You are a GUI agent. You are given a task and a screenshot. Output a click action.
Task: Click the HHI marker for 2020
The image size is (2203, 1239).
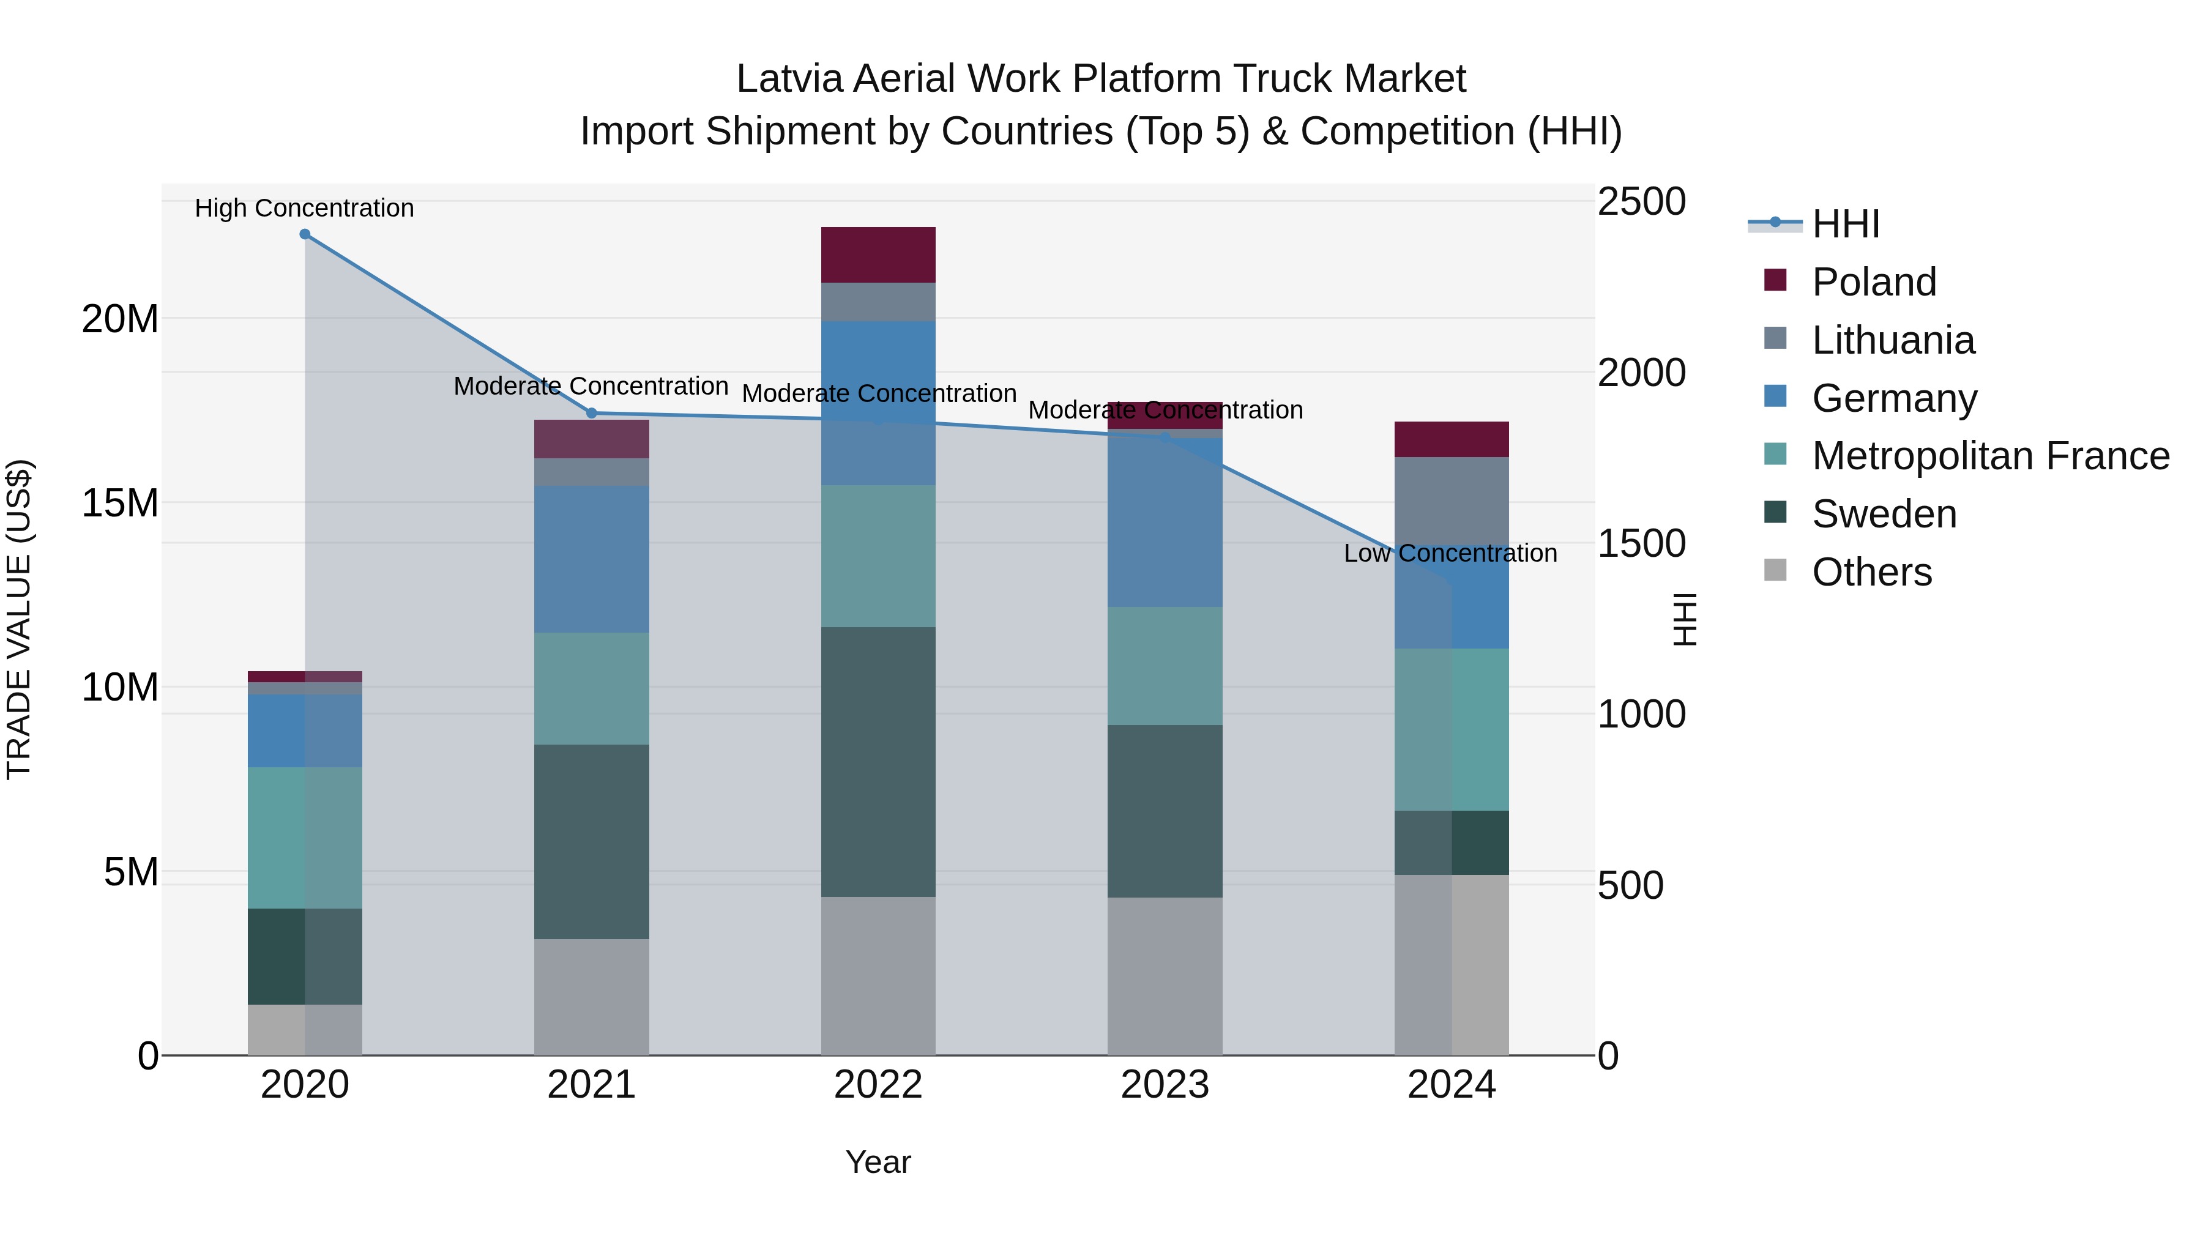[305, 234]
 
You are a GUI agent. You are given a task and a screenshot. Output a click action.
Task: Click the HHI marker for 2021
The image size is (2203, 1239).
[591, 413]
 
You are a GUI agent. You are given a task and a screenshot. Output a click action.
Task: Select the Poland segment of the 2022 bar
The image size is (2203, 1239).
[878, 255]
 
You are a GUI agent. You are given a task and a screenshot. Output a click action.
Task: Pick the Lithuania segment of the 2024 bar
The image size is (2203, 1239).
[1452, 501]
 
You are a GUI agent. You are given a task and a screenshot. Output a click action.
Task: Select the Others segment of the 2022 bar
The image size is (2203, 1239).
[878, 976]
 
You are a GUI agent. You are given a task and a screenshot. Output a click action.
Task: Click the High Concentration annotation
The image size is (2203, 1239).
[305, 209]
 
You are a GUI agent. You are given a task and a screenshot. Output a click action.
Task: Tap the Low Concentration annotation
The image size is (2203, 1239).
[1450, 553]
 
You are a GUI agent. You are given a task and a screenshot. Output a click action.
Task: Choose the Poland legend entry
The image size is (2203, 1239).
[1874, 282]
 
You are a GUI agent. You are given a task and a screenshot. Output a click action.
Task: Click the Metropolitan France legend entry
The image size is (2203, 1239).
[1990, 456]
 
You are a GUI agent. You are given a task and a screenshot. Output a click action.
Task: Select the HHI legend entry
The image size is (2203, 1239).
[1846, 224]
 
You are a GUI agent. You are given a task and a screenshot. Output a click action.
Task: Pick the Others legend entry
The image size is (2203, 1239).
[1871, 573]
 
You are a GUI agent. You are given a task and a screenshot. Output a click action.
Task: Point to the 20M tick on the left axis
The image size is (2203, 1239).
[120, 319]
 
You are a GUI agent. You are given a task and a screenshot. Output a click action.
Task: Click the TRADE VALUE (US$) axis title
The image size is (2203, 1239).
[19, 619]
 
